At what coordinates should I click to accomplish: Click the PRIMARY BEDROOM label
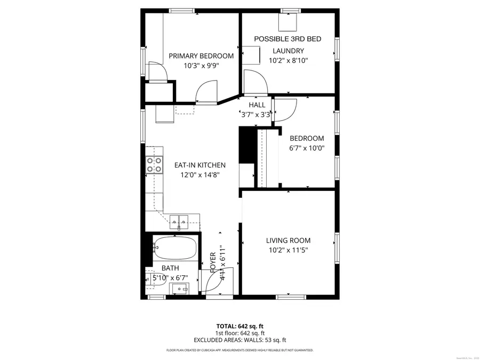pos(201,55)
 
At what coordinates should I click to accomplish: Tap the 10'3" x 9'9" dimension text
pos(201,66)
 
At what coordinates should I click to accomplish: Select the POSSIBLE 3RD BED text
pos(287,39)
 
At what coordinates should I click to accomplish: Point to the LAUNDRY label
pos(288,51)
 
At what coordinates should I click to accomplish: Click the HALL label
pos(257,105)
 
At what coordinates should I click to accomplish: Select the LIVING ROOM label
pos(288,241)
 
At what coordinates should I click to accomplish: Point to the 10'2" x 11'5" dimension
pos(288,250)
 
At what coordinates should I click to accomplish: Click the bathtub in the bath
pos(174,247)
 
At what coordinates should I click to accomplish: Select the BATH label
pos(170,268)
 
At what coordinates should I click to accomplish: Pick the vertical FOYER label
pos(213,262)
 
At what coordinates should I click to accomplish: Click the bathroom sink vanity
pos(180,289)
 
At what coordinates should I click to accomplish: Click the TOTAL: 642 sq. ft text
pos(239,325)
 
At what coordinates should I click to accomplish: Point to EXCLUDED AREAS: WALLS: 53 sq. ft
pos(239,340)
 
